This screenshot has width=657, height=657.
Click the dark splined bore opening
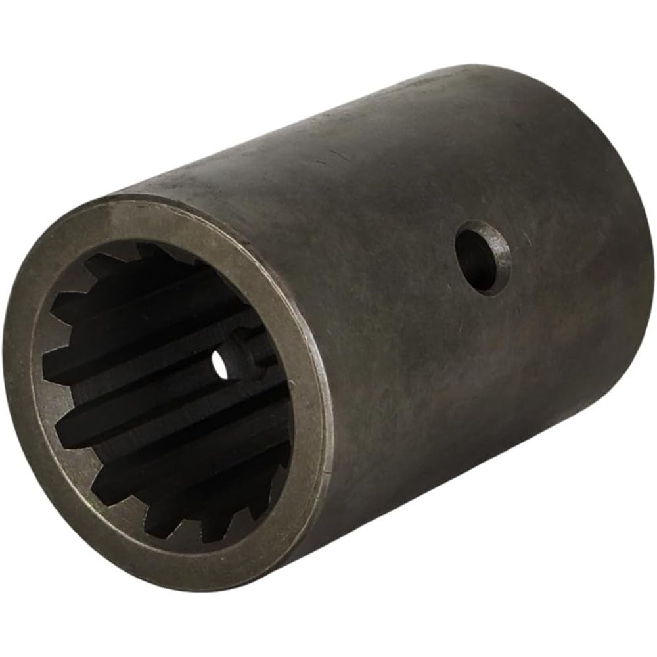pyautogui.click(x=164, y=394)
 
